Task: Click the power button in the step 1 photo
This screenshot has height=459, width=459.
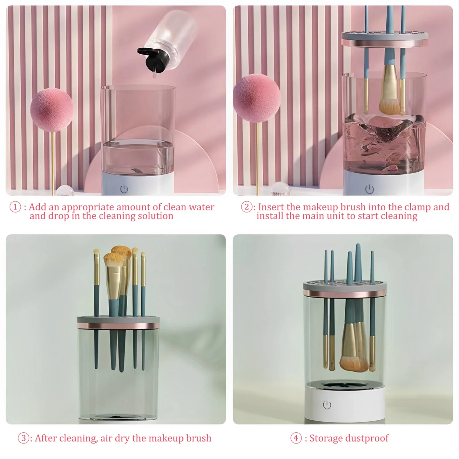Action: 124,189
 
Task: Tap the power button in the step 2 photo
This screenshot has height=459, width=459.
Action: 369,189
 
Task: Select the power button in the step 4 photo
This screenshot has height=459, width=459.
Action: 327,405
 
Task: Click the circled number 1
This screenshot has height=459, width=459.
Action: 15,207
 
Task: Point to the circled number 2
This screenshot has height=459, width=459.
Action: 247,207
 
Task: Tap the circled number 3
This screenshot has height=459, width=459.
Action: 24,438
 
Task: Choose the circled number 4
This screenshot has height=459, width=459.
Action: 296,438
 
